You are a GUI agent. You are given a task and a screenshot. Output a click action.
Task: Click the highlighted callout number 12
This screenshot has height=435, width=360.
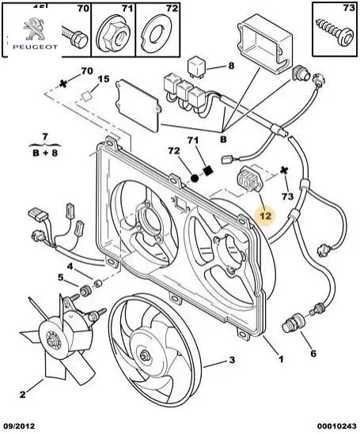pyautogui.click(x=266, y=214)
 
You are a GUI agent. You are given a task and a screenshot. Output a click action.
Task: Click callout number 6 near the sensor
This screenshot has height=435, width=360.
pyautogui.click(x=313, y=353)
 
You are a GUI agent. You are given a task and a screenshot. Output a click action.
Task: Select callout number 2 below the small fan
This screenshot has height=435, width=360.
pyautogui.click(x=23, y=392)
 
